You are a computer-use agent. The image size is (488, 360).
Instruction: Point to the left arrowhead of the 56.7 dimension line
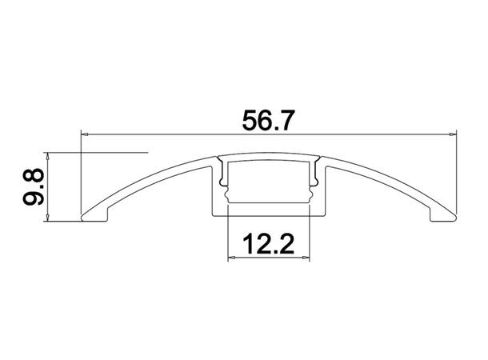(86, 133)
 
